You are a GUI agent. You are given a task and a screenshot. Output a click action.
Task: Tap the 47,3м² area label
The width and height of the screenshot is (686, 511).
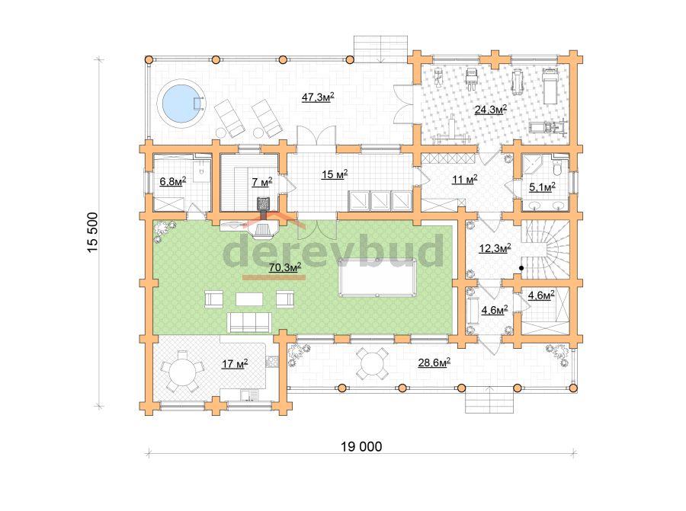(318, 97)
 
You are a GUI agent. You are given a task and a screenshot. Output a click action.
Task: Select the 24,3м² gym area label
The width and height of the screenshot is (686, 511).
(491, 109)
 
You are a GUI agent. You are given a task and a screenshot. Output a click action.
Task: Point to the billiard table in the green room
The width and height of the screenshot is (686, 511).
(377, 277)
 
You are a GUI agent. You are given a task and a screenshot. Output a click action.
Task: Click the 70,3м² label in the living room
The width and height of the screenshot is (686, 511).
(285, 267)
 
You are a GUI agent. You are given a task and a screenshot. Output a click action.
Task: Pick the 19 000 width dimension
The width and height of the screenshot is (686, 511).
(361, 446)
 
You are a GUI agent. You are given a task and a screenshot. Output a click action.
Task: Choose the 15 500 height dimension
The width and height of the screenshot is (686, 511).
(93, 232)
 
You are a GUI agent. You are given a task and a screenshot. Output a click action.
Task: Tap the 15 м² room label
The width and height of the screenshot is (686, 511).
(335, 174)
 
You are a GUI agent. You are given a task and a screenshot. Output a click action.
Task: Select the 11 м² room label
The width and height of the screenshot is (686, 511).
(465, 179)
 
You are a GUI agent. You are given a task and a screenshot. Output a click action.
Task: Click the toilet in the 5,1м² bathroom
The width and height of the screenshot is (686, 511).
(556, 166)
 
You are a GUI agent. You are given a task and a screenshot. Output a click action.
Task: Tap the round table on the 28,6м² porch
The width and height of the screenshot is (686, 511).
(372, 364)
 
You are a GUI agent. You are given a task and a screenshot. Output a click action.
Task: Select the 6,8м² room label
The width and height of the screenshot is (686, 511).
(173, 181)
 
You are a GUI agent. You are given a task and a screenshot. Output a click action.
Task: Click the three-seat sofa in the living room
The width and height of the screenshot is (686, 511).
(249, 323)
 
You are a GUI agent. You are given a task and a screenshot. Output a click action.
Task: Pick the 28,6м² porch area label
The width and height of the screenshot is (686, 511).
(434, 362)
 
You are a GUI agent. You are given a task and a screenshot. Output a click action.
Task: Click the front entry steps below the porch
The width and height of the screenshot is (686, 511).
(489, 400)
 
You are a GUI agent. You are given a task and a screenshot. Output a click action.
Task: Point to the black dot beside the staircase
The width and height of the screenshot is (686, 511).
(521, 268)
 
